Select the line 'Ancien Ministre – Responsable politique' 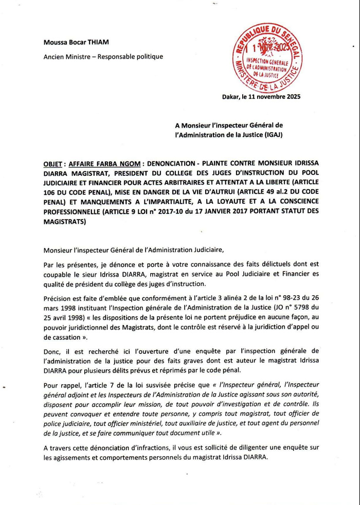click(x=103, y=57)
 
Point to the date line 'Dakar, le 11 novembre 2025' click(x=261, y=96)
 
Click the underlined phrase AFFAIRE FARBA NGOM click(x=104, y=164)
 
